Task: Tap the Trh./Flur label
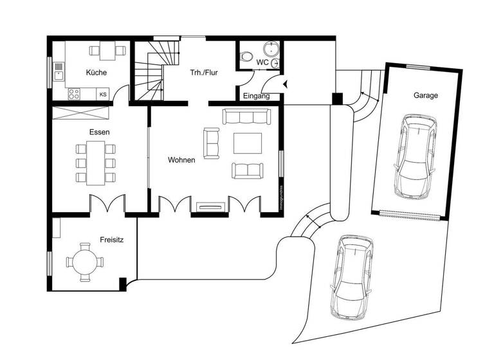[203, 73]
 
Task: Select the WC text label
[262, 62]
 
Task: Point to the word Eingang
[256, 96]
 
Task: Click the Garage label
[426, 95]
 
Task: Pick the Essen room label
[99, 132]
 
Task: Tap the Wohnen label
[181, 159]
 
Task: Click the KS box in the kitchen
[103, 94]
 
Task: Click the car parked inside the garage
[415, 156]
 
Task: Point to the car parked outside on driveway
[351, 276]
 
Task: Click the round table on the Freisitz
[84, 262]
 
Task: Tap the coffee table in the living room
[248, 143]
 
